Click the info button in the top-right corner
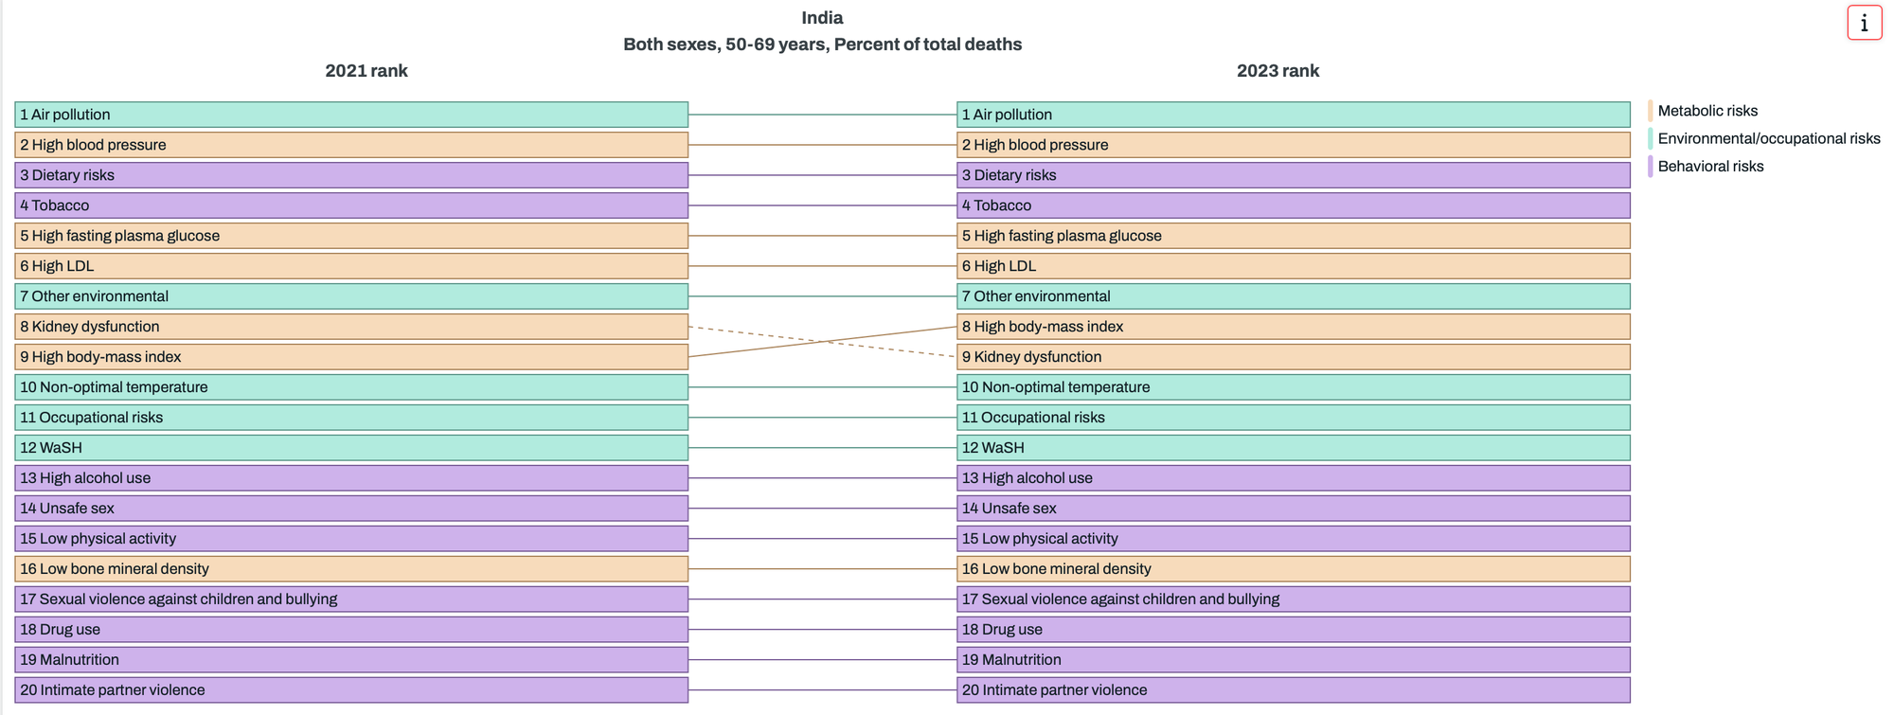[x=1864, y=23]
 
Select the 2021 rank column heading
[x=366, y=71]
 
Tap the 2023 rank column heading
[x=1277, y=71]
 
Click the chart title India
[x=822, y=18]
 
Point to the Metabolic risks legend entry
[x=1706, y=111]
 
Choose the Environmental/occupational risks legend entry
[x=1768, y=138]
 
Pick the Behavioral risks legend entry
[x=1709, y=167]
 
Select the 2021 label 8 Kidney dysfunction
[x=90, y=327]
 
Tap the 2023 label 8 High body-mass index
[x=1042, y=327]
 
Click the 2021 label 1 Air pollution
[x=65, y=115]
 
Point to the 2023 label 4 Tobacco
[x=996, y=206]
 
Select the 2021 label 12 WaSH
[x=51, y=448]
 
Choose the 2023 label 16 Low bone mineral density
[x=1056, y=569]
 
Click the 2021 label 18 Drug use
[x=60, y=630]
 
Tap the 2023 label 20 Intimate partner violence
[x=1054, y=690]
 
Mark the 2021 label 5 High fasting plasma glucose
[x=119, y=236]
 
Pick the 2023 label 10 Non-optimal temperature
[x=1055, y=387]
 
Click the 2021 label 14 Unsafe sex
[x=67, y=509]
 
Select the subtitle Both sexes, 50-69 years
[x=822, y=45]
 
